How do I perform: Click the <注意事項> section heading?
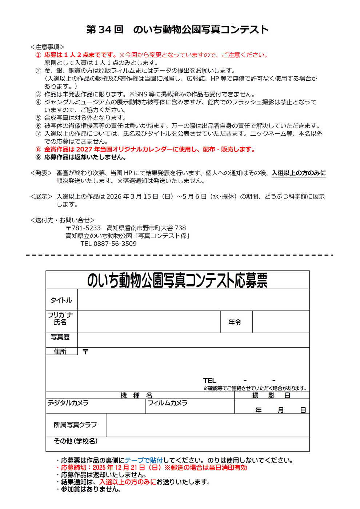pyautogui.click(x=47, y=47)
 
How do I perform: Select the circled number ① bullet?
pyautogui.click(x=38, y=55)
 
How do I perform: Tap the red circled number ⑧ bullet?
pyautogui.click(x=38, y=149)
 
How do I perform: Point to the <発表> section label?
pyautogui.click(x=41, y=173)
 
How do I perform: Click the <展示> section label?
pyautogui.click(x=41, y=197)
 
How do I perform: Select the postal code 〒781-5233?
pyautogui.click(x=83, y=228)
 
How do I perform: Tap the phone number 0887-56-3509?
pyautogui.click(x=115, y=244)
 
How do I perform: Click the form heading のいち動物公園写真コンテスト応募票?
pyautogui.click(x=177, y=280)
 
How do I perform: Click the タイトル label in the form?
pyautogui.click(x=61, y=300)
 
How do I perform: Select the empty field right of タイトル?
pyautogui.click(x=193, y=300)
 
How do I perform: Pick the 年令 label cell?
pyautogui.click(x=235, y=322)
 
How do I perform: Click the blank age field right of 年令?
pyautogui.click(x=281, y=322)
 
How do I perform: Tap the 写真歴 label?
pyautogui.click(x=60, y=337)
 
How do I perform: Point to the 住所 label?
pyautogui.click(x=60, y=352)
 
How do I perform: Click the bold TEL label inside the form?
pyautogui.click(x=210, y=381)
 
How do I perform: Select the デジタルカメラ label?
pyautogui.click(x=68, y=403)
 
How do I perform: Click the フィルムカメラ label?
pyautogui.click(x=167, y=403)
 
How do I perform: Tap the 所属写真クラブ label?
pyautogui.click(x=75, y=425)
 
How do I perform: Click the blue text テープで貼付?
pyautogui.click(x=144, y=460)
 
